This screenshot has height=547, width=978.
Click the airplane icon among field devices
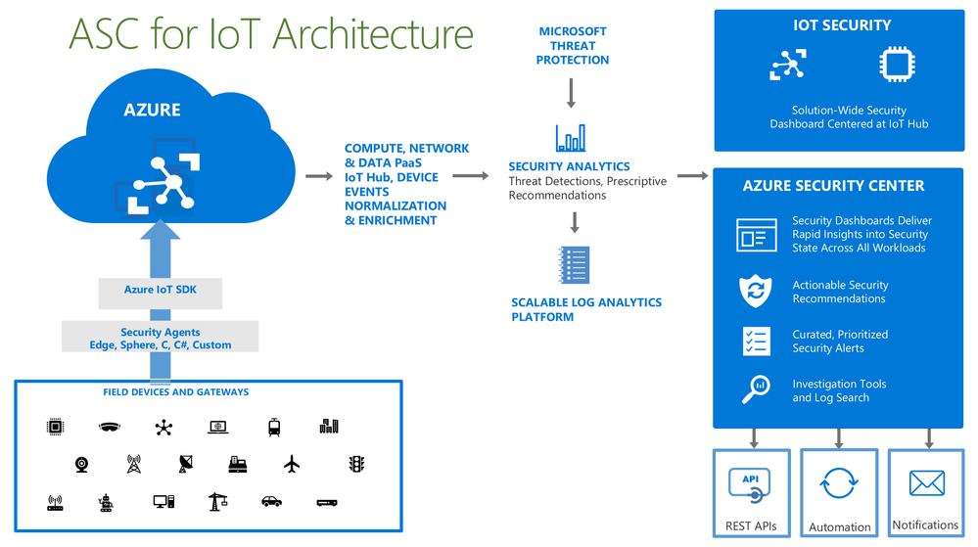tap(292, 464)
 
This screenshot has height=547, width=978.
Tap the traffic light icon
tap(356, 464)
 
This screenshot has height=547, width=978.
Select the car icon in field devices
tap(271, 502)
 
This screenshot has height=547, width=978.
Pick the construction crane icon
tap(217, 501)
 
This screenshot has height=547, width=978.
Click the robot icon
tap(106, 503)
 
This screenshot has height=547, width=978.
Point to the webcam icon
tap(81, 464)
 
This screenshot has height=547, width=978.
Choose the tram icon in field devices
tap(274, 427)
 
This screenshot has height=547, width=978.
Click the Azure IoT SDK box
tap(160, 291)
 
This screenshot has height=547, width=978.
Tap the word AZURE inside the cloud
tap(152, 110)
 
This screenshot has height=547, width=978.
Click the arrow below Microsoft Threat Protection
tap(571, 93)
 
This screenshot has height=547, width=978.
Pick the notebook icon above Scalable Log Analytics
tap(573, 265)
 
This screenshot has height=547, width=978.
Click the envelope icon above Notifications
tap(926, 483)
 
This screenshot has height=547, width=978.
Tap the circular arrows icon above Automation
tap(839, 483)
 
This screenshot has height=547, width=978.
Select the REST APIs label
tap(751, 525)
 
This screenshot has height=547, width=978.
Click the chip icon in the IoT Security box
tap(896, 65)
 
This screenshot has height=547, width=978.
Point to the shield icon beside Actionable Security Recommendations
tap(755, 291)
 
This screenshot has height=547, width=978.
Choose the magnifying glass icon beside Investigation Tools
tap(755, 389)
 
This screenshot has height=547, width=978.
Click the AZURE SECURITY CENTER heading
tap(833, 185)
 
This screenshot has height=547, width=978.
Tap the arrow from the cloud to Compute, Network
tap(319, 176)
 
